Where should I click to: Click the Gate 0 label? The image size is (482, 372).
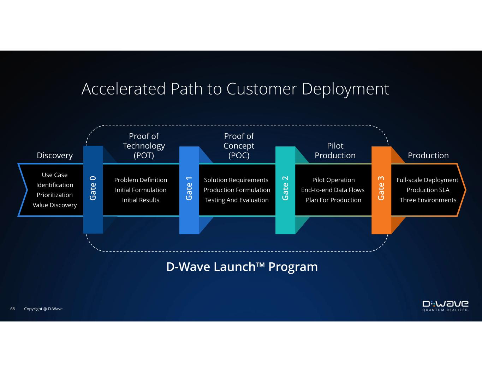click(93, 188)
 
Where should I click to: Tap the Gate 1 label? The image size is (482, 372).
click(189, 189)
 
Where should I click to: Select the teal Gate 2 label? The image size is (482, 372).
click(285, 188)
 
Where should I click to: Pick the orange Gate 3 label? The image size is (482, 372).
click(381, 188)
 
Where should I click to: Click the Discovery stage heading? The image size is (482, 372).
click(55, 155)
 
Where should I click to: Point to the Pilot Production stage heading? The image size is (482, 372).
click(335, 151)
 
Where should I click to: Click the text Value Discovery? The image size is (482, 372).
click(55, 205)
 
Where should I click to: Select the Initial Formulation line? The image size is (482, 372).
click(141, 190)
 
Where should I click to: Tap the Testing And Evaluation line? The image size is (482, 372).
click(237, 200)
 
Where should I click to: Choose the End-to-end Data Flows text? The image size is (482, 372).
click(333, 190)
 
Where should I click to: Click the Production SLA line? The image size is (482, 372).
click(428, 190)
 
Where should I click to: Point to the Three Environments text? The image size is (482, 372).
click(428, 200)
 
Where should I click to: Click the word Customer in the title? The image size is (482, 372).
click(262, 89)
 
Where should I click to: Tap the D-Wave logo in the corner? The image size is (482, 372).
click(446, 306)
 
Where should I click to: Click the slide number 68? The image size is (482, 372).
click(13, 309)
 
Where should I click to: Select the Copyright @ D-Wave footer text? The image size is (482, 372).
click(43, 309)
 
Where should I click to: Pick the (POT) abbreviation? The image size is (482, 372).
click(144, 155)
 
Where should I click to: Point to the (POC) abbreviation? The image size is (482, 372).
click(239, 155)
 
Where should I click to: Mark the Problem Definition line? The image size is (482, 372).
click(141, 180)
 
